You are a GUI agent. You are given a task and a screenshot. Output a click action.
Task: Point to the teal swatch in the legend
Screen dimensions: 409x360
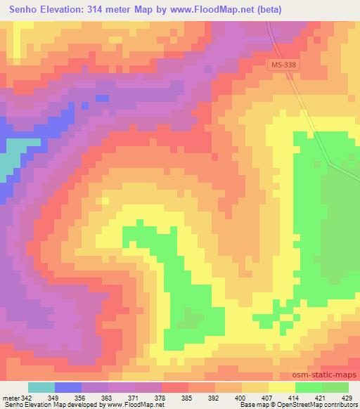41,387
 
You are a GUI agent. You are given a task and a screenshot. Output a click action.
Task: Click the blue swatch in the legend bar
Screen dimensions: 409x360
68,387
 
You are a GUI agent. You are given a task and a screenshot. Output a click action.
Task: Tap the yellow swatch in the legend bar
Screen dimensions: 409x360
281,387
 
